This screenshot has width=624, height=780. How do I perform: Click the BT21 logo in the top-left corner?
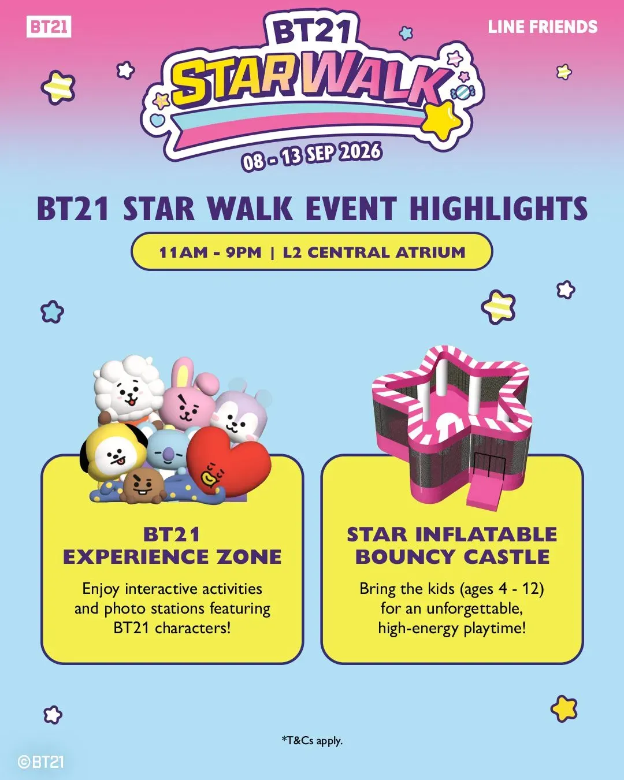[x=49, y=27]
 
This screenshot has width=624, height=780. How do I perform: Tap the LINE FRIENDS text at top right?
[x=543, y=27]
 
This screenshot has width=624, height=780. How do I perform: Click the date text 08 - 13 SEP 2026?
[x=312, y=157]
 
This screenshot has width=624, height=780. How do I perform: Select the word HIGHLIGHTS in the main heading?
[x=499, y=209]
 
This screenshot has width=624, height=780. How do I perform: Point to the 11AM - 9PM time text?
[x=210, y=252]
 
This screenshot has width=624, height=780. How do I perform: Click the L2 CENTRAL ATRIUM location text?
[x=374, y=252]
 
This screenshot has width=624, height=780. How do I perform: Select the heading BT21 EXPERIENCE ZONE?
[x=172, y=546]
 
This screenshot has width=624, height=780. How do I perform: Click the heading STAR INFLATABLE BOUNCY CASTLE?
[x=452, y=546]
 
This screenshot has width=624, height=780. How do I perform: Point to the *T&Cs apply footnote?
[x=312, y=740]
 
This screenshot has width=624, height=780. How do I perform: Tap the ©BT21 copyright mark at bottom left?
[x=40, y=762]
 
